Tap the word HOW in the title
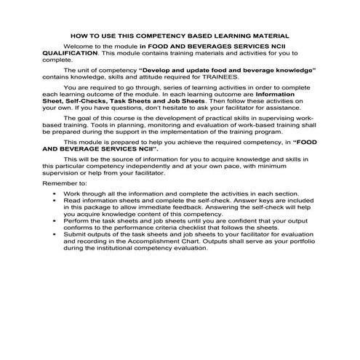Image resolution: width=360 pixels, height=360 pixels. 78,35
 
